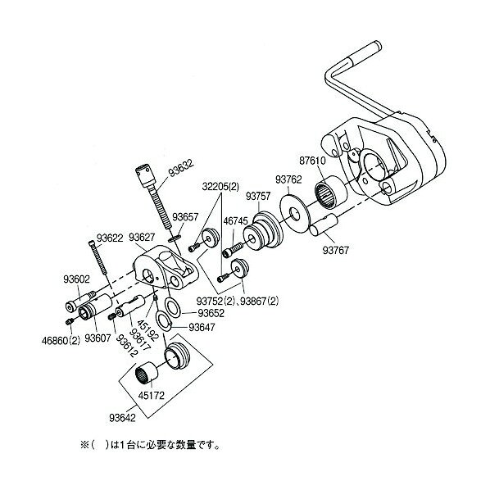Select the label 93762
288,178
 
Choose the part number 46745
238,220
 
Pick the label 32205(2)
219,186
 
